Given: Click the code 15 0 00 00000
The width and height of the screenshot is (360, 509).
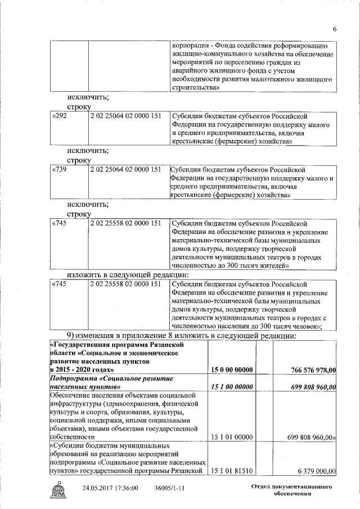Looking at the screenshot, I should (231, 370).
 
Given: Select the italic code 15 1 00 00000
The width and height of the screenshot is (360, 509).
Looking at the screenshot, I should (231, 388).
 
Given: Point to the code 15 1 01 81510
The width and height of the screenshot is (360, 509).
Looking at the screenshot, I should (231, 471).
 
